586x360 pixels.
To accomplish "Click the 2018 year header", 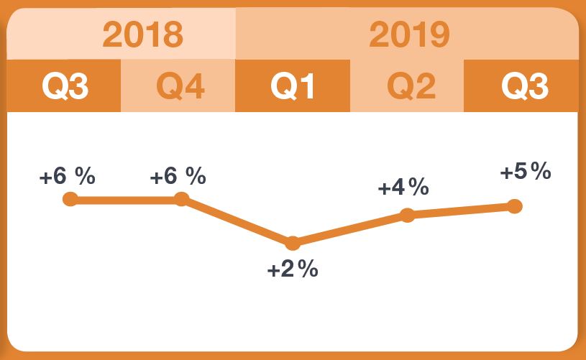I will tap(142, 34).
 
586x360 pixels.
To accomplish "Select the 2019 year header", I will tap(409, 34).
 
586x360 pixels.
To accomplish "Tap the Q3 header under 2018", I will tap(65, 86).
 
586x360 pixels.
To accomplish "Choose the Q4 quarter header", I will tap(179, 86).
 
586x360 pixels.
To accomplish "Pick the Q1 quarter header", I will tap(293, 86).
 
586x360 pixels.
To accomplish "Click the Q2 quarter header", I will tap(408, 86).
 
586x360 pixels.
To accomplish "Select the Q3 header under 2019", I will tap(523, 86).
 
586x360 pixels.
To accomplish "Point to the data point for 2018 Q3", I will tap(70, 199).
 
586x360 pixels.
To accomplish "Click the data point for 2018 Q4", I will tap(181, 199).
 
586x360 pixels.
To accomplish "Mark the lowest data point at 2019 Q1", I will tap(293, 243).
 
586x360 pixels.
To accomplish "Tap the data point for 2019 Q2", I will tap(408, 215).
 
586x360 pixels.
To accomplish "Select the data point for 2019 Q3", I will tap(514, 206).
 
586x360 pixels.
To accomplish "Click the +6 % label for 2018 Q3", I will tap(67, 177).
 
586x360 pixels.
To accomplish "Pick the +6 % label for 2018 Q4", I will tap(178, 177).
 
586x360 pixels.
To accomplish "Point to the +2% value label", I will tap(293, 270).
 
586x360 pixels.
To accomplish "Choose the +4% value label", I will tap(403, 188).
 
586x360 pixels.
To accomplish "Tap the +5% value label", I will tap(526, 172).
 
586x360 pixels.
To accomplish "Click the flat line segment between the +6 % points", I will tap(126, 199).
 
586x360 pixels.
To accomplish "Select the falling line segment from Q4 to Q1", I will tap(237, 221).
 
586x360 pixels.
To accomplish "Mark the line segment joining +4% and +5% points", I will tap(461, 211).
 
